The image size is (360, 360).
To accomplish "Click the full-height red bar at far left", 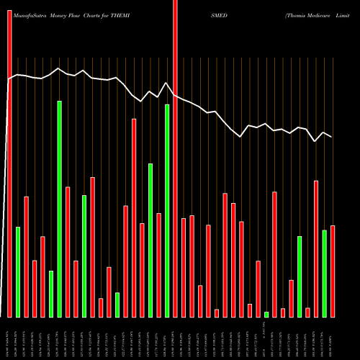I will (9, 158).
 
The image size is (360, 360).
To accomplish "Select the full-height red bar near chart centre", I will (175, 158).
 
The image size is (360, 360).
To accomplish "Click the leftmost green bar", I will (18, 271).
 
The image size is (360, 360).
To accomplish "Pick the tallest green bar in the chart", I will (59, 209).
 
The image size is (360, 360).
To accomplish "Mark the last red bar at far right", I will (333, 271).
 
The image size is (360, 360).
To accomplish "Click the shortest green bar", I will (266, 314).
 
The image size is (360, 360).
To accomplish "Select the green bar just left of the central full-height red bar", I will (167, 210).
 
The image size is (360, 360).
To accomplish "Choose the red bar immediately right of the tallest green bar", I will (68, 252).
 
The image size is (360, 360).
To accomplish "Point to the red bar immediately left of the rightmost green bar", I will (316, 248).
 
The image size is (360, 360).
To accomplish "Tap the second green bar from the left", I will (51, 294).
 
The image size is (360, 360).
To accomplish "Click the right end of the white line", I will (332, 137).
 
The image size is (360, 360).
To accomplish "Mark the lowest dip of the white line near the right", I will (316, 142).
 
